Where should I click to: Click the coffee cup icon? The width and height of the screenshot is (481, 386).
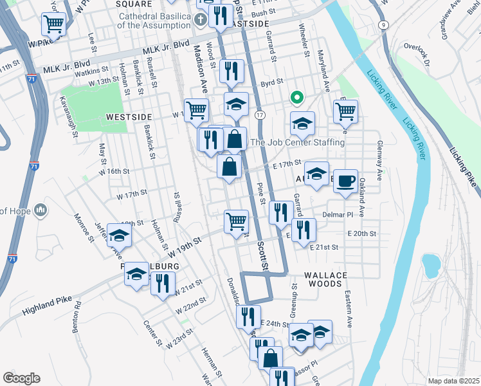345,181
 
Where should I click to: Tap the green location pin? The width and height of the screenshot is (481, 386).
296,98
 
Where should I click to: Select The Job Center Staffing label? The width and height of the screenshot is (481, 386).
298,142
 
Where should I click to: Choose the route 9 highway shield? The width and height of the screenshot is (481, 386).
384,24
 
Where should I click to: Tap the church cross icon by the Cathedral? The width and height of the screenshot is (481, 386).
201,19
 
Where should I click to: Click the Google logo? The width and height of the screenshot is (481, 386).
21,378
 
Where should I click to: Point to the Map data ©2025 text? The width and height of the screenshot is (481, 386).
453,381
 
